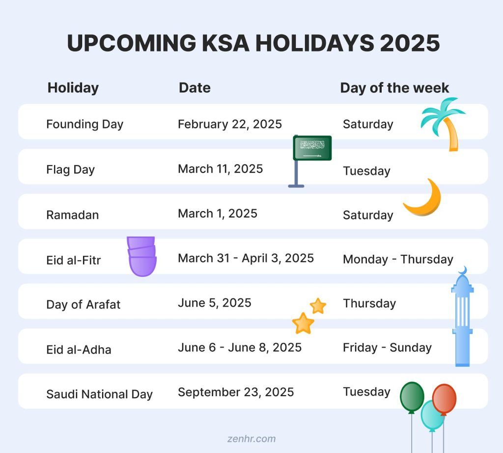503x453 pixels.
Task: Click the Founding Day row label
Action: point(84,124)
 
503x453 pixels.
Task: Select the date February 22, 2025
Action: point(230,124)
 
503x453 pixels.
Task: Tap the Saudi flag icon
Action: point(312,148)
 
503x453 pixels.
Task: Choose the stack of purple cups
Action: point(142,256)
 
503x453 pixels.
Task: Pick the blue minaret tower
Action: point(462,319)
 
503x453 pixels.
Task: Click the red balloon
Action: point(444,399)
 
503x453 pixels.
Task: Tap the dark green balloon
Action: point(412,396)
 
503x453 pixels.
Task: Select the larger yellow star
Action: point(303,323)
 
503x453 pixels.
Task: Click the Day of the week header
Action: point(394,88)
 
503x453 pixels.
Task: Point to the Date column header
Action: point(195,88)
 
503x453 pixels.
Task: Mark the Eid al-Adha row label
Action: point(79,349)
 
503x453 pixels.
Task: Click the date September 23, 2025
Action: point(236,392)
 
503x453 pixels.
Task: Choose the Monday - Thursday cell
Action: point(398,259)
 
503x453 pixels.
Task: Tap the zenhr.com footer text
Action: point(251,439)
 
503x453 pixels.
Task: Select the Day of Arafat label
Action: point(83,304)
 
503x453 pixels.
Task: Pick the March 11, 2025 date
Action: point(220,169)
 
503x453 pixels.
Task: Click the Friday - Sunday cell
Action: point(387,347)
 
